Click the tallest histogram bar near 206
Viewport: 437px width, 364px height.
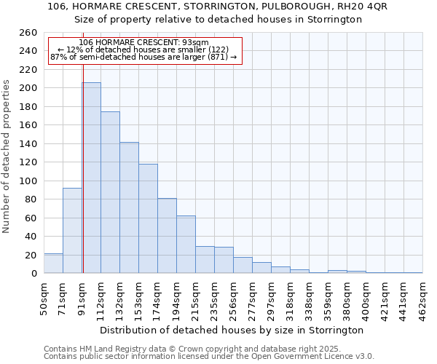91,178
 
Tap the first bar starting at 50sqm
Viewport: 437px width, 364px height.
53,264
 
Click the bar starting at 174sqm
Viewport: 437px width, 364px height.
167,236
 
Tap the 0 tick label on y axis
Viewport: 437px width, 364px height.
34,274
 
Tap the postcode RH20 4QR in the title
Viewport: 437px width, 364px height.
362,6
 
